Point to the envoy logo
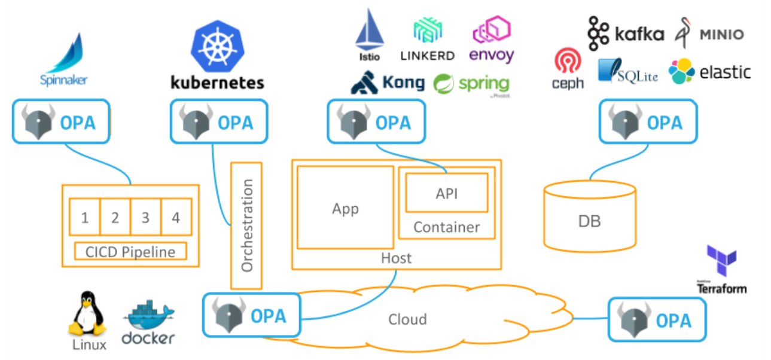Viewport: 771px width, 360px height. pos(491,39)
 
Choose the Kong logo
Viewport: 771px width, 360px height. pos(388,83)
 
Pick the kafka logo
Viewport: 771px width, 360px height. pos(625,33)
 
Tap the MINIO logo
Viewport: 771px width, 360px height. pos(709,32)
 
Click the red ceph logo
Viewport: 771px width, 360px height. pos(567,69)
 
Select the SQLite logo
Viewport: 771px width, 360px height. pos(627,72)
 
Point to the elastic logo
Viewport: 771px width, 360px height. pos(709,72)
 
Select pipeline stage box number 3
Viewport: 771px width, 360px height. pos(145,217)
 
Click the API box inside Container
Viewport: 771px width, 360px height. pos(446,193)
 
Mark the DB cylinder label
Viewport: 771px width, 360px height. pos(589,221)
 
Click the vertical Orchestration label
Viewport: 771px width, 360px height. pos(246,225)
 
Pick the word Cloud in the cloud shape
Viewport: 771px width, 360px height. pos(407,319)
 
